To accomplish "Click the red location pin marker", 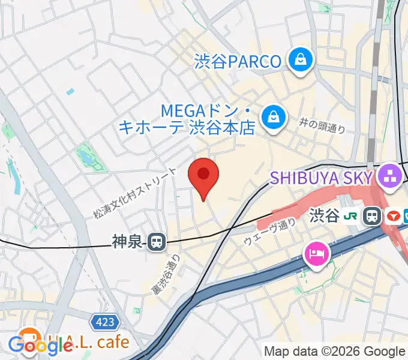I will coord(203,175).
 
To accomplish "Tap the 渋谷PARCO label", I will coord(238,61).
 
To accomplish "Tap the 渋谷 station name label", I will coord(325,215).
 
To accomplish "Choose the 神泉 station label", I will coord(127,242).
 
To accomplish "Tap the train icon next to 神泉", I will coord(157,242).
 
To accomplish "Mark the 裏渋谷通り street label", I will coord(166,274).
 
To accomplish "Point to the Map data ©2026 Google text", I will coord(334,352).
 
